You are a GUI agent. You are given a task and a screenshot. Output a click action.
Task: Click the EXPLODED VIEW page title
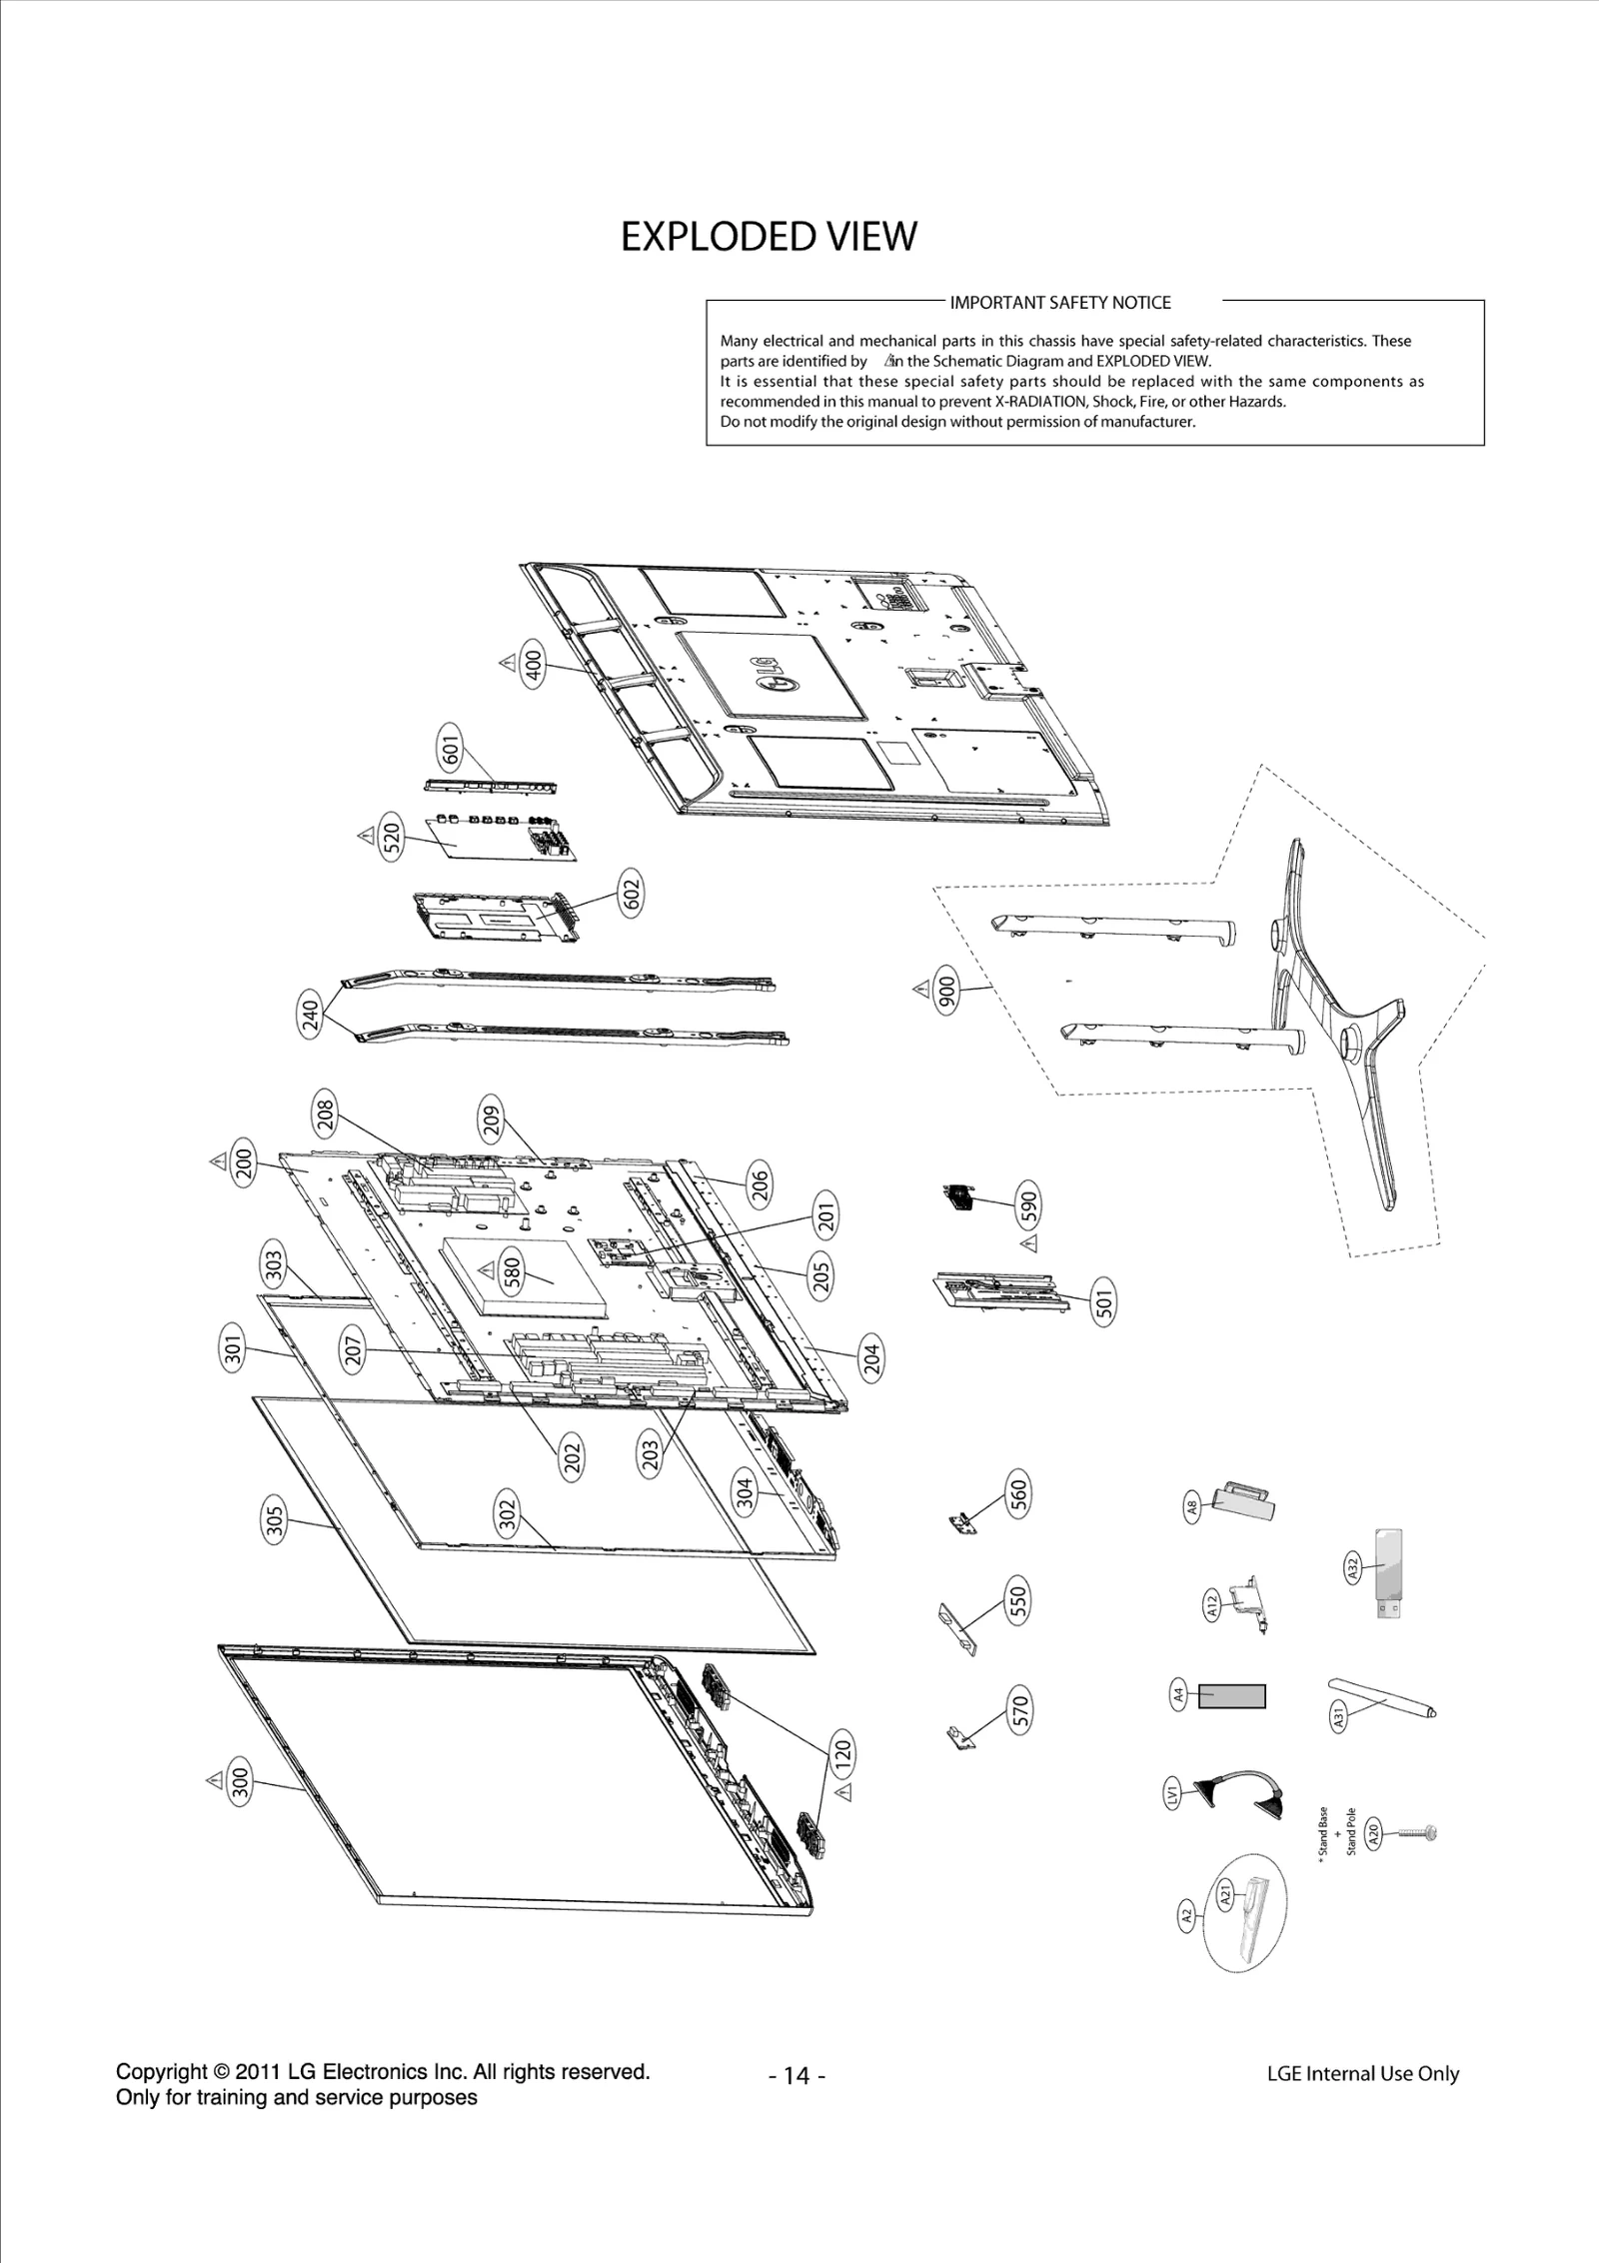768,237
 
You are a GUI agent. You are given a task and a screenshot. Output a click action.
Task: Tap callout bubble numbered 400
535,664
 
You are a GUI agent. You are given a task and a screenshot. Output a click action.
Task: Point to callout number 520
392,836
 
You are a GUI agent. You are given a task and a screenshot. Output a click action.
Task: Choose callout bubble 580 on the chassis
512,1272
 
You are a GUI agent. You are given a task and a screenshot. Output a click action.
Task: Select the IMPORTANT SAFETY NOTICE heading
1059,302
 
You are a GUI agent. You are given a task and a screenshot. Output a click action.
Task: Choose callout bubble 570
1019,1710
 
